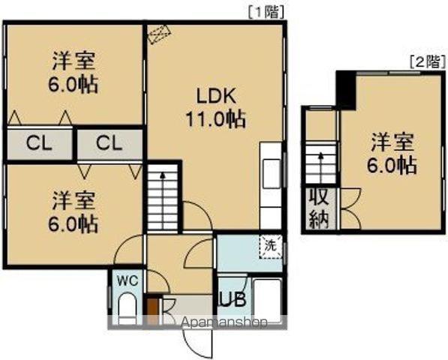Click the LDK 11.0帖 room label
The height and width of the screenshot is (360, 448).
216,106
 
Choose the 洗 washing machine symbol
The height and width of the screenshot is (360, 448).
269,244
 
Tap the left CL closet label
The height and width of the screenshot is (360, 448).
38,142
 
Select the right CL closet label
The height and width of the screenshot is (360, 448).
108,142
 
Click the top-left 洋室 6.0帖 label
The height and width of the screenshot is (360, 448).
74,70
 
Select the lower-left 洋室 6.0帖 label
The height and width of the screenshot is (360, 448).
74,212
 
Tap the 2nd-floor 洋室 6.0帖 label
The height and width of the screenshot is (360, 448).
392,153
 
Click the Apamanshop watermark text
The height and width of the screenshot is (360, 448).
225,323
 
